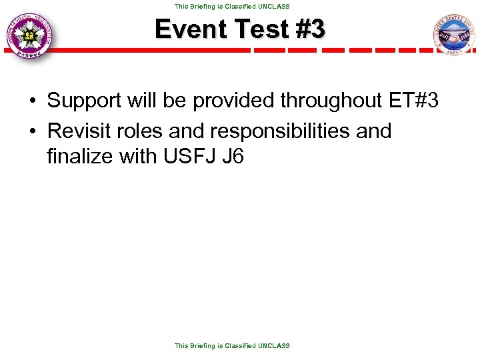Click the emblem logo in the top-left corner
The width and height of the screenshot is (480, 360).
30,37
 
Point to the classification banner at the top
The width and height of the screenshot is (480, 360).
232,6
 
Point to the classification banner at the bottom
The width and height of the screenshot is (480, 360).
232,345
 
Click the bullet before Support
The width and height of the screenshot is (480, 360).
33,101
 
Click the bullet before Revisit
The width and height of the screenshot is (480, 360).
33,131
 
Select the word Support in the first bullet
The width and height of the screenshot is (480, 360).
85,101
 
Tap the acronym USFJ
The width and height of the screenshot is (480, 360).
189,158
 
